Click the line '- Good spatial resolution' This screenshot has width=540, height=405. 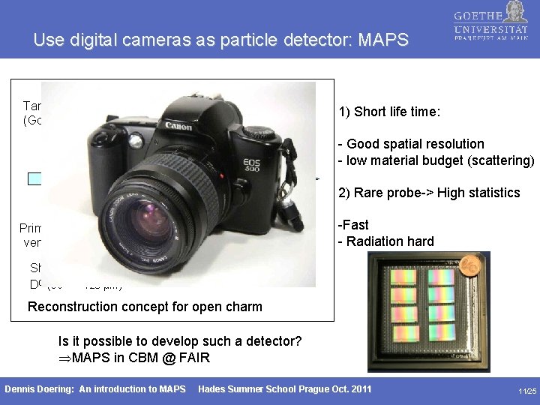(x=410, y=143)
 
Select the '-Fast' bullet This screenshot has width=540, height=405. (x=353, y=225)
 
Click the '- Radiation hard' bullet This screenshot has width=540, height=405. (x=385, y=241)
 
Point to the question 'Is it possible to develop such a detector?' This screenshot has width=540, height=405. (x=180, y=341)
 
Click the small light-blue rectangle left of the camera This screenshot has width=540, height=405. (x=34, y=178)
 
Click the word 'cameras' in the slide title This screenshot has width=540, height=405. (x=154, y=40)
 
